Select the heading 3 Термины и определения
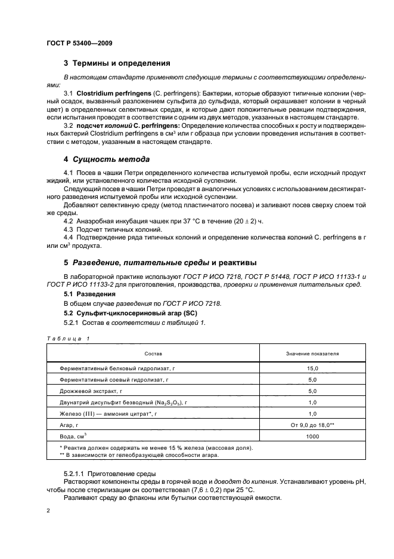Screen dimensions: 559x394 pos(117,63)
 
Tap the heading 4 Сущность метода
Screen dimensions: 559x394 pos(106,159)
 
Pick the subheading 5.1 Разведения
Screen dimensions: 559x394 pos(89,294)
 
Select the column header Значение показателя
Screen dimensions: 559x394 pos(312,354)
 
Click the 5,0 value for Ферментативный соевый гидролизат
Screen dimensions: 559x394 pos(312,380)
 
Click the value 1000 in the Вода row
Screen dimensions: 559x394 pos(312,437)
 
